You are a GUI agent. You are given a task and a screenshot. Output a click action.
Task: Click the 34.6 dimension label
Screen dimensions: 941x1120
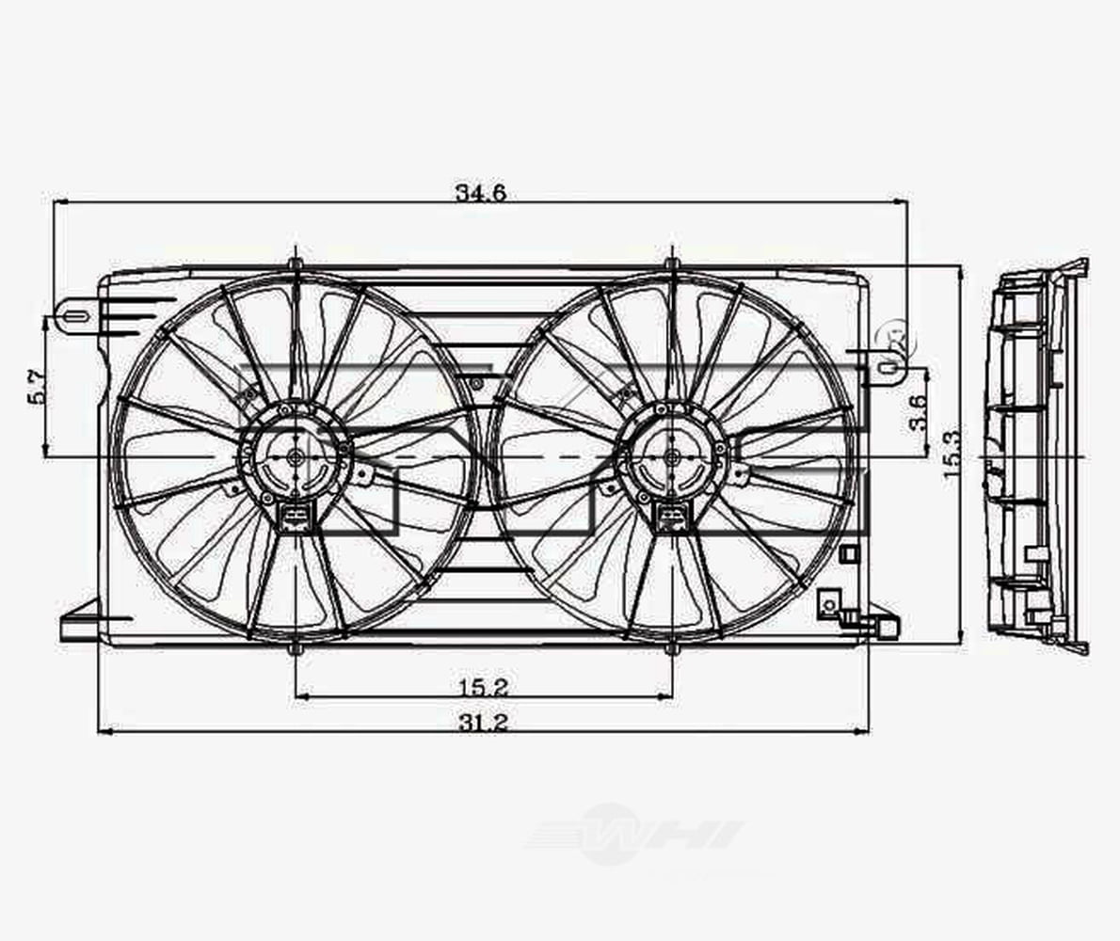[481, 193]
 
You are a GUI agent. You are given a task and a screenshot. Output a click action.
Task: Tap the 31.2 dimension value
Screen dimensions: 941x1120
[483, 722]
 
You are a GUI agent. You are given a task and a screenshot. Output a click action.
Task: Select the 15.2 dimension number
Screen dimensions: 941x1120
[483, 687]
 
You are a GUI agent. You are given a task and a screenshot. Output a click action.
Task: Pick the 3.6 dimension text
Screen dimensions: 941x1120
[919, 411]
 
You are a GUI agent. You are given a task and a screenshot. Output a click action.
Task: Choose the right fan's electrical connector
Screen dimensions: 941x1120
[671, 515]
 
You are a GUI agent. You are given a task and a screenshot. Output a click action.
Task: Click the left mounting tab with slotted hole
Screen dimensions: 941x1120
[75, 315]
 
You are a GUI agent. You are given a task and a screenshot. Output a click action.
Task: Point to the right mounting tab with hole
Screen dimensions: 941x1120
[888, 364]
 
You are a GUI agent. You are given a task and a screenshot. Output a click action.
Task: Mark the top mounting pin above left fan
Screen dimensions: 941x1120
[296, 263]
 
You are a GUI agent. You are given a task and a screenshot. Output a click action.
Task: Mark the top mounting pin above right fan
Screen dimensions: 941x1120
[671, 263]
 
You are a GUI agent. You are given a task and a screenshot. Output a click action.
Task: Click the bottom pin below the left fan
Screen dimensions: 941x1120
[296, 649]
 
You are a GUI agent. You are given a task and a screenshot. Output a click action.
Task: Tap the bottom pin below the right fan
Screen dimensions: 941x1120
[671, 649]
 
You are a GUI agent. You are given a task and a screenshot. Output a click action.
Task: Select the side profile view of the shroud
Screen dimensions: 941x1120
[1035, 456]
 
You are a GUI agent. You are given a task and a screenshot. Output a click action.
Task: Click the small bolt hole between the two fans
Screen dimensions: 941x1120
[476, 383]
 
